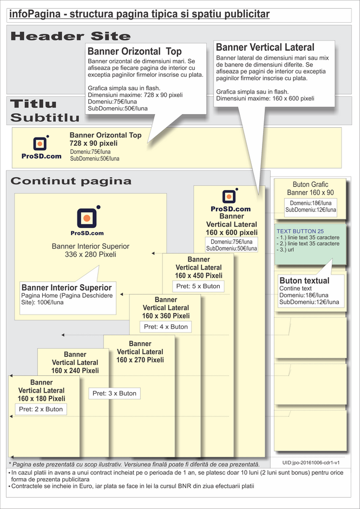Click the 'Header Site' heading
pyautogui.click(x=70, y=36)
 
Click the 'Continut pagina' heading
pyautogui.click(x=71, y=181)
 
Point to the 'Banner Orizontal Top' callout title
pyautogui.click(x=134, y=51)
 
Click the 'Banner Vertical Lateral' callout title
pyautogui.click(x=265, y=48)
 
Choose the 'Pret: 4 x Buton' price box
pyautogui.click(x=166, y=327)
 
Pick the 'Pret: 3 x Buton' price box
pyautogui.click(x=114, y=393)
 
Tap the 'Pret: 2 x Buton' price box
pyautogui.click(x=41, y=409)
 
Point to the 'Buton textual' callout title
pyautogui.click(x=304, y=280)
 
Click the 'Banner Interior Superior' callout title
pyautogui.click(x=67, y=288)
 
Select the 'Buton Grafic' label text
pyautogui.click(x=310, y=185)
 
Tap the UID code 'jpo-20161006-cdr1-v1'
pyautogui.click(x=311, y=463)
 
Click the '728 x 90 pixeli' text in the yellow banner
pyautogui.click(x=93, y=143)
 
